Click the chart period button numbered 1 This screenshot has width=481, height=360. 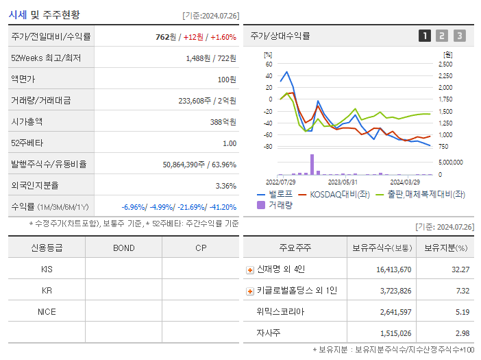(425, 36)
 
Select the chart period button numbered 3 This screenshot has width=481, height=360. (459, 36)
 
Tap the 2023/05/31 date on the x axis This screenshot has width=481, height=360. (343, 182)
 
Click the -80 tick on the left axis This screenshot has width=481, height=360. (268, 147)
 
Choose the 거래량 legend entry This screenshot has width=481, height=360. (280, 205)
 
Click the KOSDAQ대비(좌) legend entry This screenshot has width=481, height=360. (334, 195)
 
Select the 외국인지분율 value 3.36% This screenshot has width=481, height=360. (225, 185)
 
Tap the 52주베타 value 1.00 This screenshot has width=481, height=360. (229, 143)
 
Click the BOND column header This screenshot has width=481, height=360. (123, 248)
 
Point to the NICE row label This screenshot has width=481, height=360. (47, 311)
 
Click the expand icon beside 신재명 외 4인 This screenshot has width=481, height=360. (250, 269)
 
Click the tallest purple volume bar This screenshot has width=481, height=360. (312, 164)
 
